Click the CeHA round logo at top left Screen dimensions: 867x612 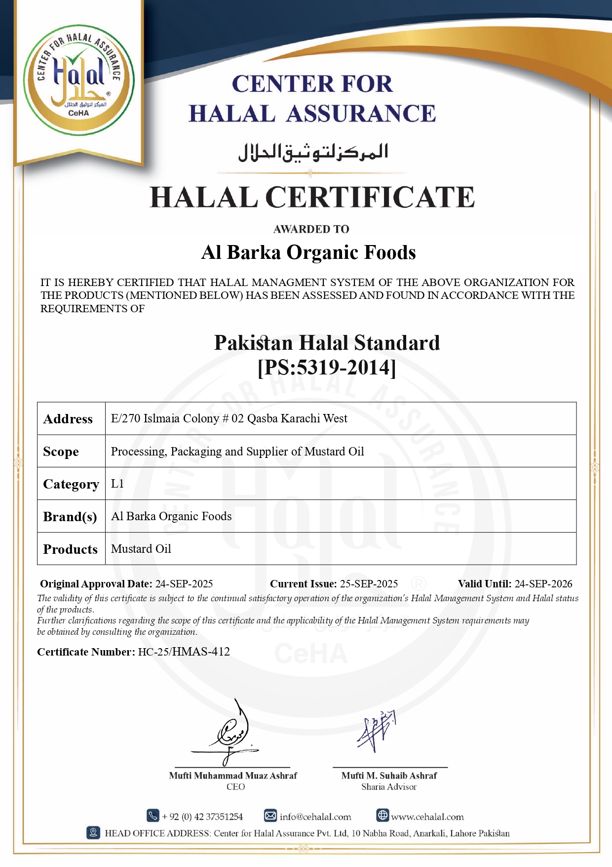click(x=79, y=80)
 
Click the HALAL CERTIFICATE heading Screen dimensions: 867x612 click(x=312, y=197)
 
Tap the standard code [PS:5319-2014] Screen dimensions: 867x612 click(x=327, y=368)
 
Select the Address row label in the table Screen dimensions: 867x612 click(x=68, y=419)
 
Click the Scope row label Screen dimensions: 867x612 click(x=61, y=452)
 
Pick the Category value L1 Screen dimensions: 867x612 click(x=117, y=484)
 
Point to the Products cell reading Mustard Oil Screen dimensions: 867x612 click(x=141, y=549)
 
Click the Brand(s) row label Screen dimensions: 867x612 click(x=70, y=517)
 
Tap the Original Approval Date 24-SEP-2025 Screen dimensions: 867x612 click(x=184, y=584)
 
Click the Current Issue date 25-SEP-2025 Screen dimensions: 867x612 click(x=369, y=584)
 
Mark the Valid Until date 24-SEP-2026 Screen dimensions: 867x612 click(x=543, y=584)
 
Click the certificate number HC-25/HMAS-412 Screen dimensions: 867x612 click(x=184, y=652)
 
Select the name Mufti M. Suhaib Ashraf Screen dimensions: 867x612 click(x=389, y=776)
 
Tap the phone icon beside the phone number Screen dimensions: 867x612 click(x=153, y=815)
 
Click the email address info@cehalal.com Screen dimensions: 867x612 click(x=315, y=817)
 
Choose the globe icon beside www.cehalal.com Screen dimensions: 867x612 click(x=383, y=815)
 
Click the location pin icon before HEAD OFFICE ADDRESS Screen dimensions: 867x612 click(x=93, y=832)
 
